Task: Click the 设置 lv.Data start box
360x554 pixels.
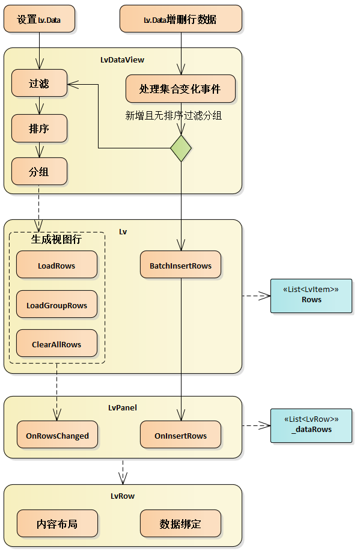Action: click(x=39, y=19)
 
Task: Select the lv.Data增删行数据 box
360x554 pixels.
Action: click(x=181, y=19)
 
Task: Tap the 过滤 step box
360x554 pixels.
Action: click(x=39, y=84)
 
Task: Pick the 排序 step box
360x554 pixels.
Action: click(x=39, y=129)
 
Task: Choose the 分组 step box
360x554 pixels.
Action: click(x=39, y=172)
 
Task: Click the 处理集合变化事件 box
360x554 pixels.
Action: click(x=180, y=89)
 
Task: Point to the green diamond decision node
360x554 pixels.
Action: click(x=180, y=148)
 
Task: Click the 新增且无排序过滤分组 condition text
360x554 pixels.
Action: click(x=173, y=115)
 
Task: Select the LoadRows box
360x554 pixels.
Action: click(x=56, y=265)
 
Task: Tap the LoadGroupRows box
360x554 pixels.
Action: click(x=56, y=305)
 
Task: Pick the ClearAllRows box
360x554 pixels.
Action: click(x=56, y=344)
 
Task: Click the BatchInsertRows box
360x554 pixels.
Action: click(x=180, y=265)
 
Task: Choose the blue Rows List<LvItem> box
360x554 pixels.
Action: click(x=311, y=295)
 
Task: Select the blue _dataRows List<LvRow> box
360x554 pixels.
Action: click(x=311, y=425)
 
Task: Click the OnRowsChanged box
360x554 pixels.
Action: click(x=57, y=436)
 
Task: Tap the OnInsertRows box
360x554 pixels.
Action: click(x=180, y=436)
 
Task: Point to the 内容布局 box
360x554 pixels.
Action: click(x=57, y=523)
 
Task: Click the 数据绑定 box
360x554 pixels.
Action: click(x=180, y=523)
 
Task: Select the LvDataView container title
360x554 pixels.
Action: click(x=122, y=59)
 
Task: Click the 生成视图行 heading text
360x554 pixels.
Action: click(x=56, y=239)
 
